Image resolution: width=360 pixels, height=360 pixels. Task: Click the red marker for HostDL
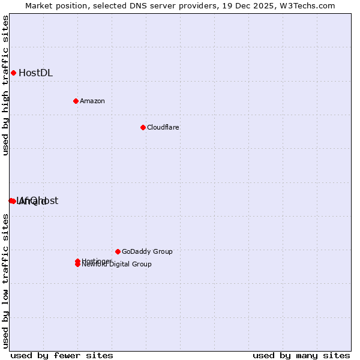pos(13,73)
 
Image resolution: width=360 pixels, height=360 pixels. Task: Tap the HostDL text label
pos(35,73)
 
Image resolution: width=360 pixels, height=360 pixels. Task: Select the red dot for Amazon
pos(76,101)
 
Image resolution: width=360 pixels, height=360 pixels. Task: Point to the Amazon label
pos(92,101)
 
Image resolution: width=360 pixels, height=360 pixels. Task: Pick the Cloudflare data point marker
pos(143,127)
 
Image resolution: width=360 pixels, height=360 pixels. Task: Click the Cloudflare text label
pos(163,127)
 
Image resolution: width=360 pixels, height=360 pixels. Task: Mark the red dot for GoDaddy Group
pos(118,251)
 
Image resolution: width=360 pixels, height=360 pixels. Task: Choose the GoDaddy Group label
pos(147,251)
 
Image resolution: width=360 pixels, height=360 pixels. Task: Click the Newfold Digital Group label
pos(118,265)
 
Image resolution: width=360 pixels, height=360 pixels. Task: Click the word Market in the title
pos(39,5)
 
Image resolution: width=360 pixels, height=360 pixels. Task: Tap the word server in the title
pos(154,5)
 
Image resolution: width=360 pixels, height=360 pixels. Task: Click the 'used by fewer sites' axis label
pos(62,355)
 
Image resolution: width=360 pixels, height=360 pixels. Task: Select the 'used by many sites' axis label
pos(301,355)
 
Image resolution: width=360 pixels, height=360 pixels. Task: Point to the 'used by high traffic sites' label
pos(5,85)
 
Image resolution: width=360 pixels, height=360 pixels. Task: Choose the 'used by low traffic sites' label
pos(5,281)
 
